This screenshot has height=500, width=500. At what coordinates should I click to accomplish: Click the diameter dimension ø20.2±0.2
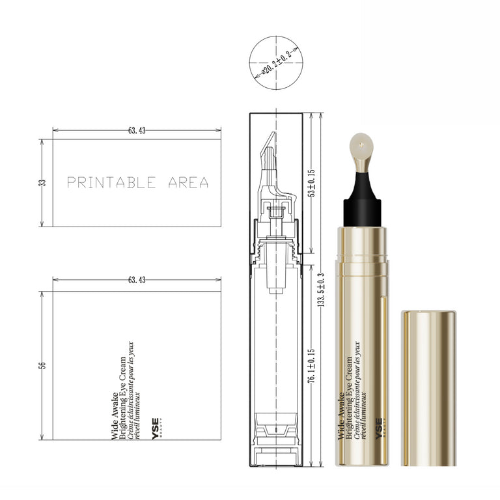coord(277,62)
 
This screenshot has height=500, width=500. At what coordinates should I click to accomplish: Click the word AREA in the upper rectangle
coord(188,182)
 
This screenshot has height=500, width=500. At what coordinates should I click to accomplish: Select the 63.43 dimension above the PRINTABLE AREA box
coord(137,130)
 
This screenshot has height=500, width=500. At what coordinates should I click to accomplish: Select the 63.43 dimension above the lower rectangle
coord(137,280)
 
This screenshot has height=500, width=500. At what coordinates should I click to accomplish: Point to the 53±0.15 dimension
coord(312,183)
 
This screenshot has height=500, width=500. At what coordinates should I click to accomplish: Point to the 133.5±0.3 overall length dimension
coord(321,290)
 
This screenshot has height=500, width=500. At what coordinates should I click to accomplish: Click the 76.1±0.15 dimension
coord(312,365)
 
